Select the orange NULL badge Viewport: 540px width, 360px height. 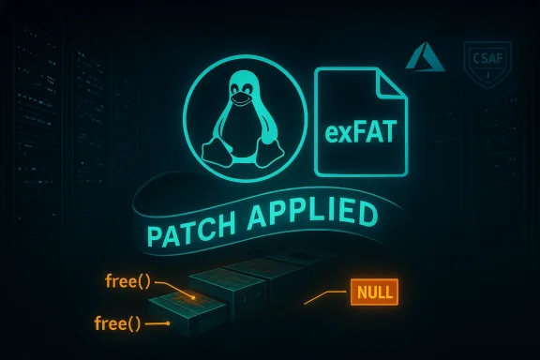[373, 292]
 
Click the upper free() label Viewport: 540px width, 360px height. [127, 281]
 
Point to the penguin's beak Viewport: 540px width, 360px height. [241, 97]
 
